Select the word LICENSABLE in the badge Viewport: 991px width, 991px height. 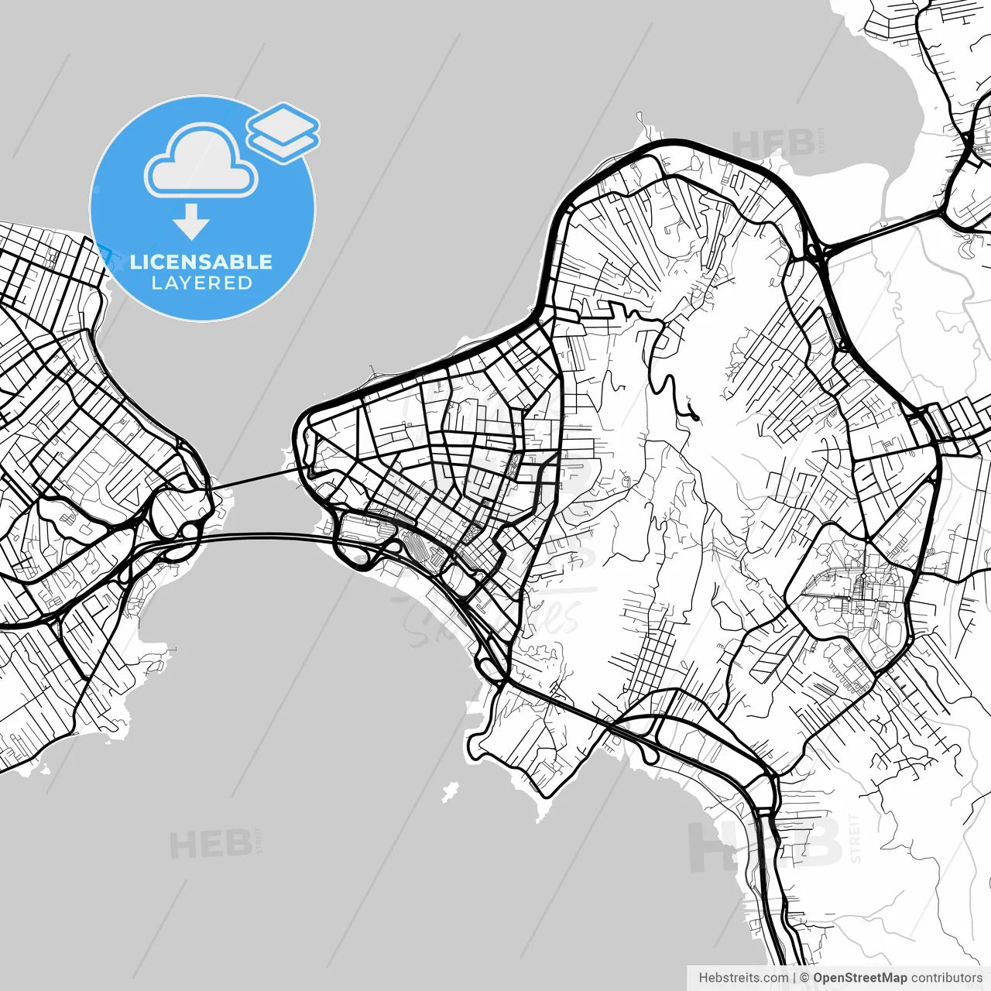pyautogui.click(x=201, y=262)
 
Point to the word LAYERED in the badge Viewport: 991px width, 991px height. pyautogui.click(x=201, y=283)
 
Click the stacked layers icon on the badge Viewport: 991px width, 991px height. pyautogui.click(x=283, y=132)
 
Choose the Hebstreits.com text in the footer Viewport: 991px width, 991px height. pyautogui.click(x=743, y=978)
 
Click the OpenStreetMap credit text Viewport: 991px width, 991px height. pyautogui.click(x=859, y=978)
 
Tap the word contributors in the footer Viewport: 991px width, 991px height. pyautogui.click(x=946, y=978)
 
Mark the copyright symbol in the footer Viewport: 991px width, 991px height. pyautogui.click(x=804, y=978)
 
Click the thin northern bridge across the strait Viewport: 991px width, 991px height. pyautogui.click(x=255, y=478)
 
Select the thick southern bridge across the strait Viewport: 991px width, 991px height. pyautogui.click(x=263, y=535)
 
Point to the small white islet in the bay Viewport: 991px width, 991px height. pyautogui.click(x=449, y=791)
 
